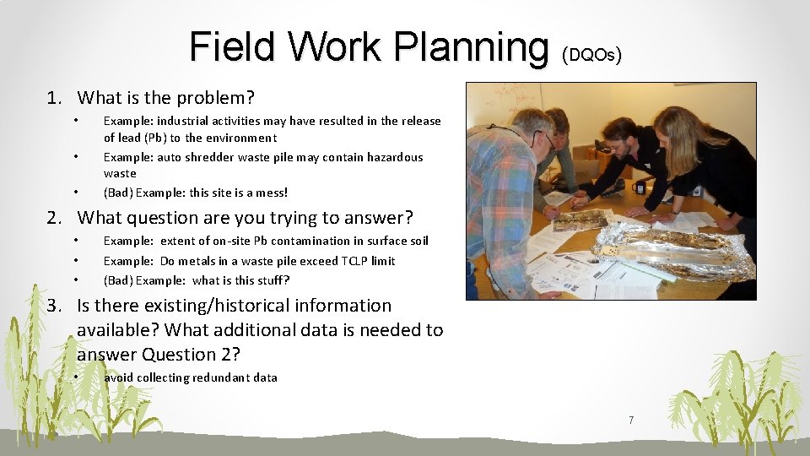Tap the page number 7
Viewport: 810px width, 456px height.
(630, 420)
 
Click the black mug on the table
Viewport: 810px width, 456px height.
(639, 187)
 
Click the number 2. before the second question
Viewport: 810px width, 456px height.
(54, 218)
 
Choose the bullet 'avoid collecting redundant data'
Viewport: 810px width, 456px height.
(190, 377)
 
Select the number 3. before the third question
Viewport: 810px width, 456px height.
(54, 306)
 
